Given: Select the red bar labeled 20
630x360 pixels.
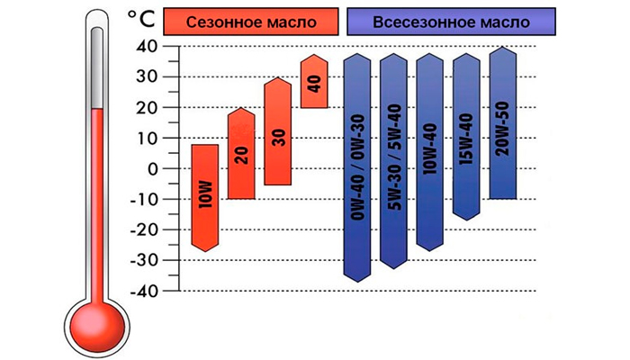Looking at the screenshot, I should click(x=240, y=153).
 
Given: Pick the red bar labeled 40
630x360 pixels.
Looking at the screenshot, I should click(x=313, y=83).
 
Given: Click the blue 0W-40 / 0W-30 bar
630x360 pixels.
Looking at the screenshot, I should click(x=358, y=166).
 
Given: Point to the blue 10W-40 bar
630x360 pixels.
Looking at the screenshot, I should click(x=430, y=151).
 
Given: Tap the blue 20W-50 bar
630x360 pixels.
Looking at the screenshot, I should click(x=502, y=124).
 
